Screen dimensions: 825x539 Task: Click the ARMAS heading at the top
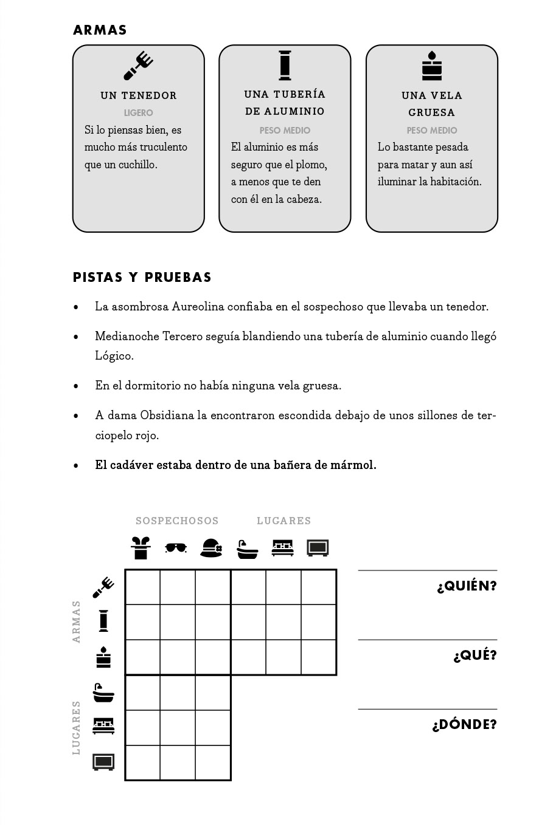[100, 30]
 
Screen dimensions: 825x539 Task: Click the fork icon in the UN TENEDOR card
[139, 66]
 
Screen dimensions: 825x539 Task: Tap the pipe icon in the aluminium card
[285, 66]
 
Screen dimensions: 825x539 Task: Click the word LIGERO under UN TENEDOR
[139, 113]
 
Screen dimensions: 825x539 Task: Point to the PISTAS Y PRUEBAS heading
[142, 278]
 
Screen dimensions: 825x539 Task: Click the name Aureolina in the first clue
[198, 307]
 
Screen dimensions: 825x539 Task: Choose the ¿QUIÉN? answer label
[467, 586]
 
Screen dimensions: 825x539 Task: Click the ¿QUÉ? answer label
[475, 656]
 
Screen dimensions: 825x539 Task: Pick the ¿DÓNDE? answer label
[464, 725]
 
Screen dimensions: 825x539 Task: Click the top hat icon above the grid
[141, 548]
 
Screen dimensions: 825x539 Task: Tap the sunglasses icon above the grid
[176, 548]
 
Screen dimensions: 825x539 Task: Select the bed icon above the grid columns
[282, 547]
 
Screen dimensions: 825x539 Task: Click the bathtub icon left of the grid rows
[103, 693]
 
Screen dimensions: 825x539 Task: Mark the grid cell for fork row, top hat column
[142, 587]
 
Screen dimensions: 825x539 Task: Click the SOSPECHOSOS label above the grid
[177, 521]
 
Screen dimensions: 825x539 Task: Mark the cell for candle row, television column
[319, 657]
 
